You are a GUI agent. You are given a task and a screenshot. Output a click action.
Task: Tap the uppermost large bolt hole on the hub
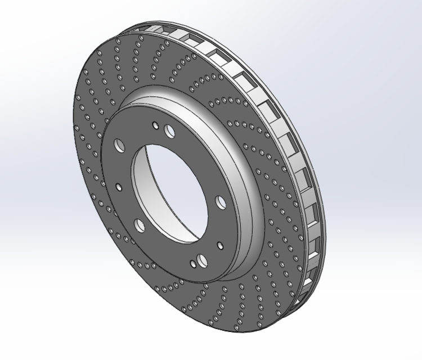point(170,131)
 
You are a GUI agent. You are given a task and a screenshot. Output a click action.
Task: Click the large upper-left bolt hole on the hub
point(120,145)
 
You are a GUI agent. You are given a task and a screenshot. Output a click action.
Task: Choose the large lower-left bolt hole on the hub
point(139,226)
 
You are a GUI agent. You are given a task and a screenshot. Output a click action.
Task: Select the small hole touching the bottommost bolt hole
point(193,264)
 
